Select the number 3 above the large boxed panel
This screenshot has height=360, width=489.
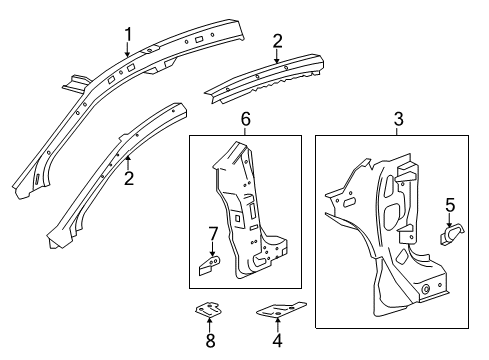(x=399, y=119)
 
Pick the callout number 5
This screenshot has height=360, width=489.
(x=449, y=205)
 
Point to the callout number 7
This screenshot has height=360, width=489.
(x=211, y=236)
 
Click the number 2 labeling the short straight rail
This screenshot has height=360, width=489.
(x=277, y=42)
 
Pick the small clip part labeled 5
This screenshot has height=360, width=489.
(x=451, y=236)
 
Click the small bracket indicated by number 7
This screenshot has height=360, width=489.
(x=211, y=265)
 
